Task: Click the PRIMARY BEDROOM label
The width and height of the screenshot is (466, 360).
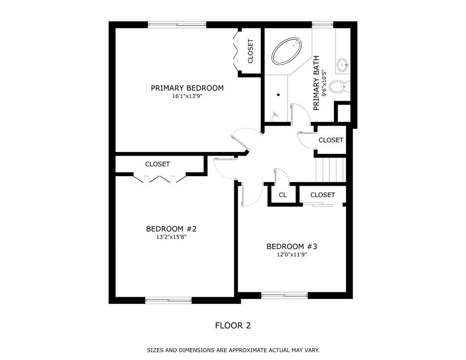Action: tap(187, 88)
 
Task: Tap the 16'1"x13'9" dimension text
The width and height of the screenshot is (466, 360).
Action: tap(187, 96)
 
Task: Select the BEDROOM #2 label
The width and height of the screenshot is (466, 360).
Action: tap(171, 229)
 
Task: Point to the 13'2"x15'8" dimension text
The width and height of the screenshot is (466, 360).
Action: tap(171, 237)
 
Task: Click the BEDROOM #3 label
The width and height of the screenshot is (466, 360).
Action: tap(292, 246)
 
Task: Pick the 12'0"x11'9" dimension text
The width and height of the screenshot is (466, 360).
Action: tap(292, 254)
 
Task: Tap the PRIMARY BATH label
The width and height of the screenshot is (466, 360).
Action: tap(316, 83)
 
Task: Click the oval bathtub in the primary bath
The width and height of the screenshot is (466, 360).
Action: tap(287, 51)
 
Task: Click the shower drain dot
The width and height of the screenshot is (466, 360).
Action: tap(279, 95)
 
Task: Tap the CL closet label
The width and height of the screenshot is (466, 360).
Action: tap(283, 195)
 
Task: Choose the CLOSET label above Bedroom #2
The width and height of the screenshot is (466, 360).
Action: tap(157, 164)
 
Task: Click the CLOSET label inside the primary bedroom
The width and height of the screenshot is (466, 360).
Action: tap(250, 51)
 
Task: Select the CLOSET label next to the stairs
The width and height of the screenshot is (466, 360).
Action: tap(331, 140)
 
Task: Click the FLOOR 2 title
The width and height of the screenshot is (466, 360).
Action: tap(233, 325)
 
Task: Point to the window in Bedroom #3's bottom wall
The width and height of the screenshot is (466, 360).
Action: tap(284, 295)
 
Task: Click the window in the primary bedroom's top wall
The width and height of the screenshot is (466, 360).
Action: tap(177, 25)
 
